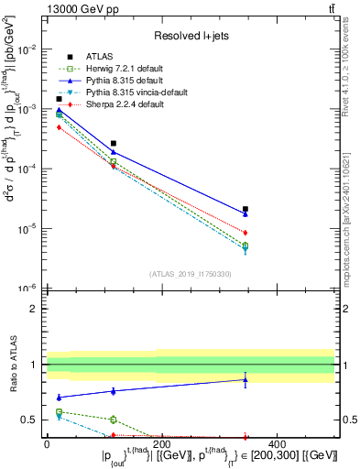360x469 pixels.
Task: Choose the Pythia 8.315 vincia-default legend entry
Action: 135,93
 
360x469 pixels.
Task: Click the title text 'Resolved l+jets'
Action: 191,36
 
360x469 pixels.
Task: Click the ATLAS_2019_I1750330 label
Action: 191,274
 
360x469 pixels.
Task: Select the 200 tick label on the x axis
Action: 161,444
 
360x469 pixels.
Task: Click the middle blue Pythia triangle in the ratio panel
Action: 113,391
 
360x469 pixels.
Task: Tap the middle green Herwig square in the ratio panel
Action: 113,420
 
